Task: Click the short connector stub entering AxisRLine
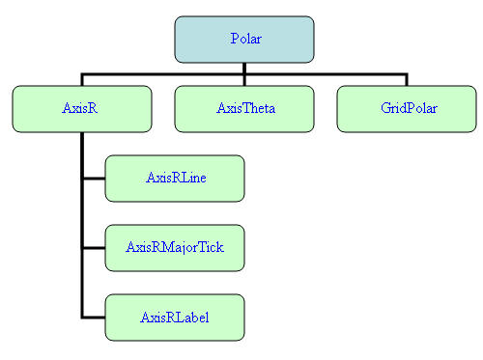tap(94, 179)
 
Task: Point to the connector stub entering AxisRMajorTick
tap(94, 248)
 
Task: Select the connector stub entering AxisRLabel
tap(94, 318)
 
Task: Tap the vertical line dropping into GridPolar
tap(406, 79)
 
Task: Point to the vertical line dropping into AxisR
tap(82, 79)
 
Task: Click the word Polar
tap(245, 39)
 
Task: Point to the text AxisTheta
tap(245, 109)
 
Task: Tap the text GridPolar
tap(407, 109)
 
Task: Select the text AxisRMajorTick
tap(175, 247)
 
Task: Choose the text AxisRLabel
tap(175, 317)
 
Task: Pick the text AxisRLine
tap(175, 178)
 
